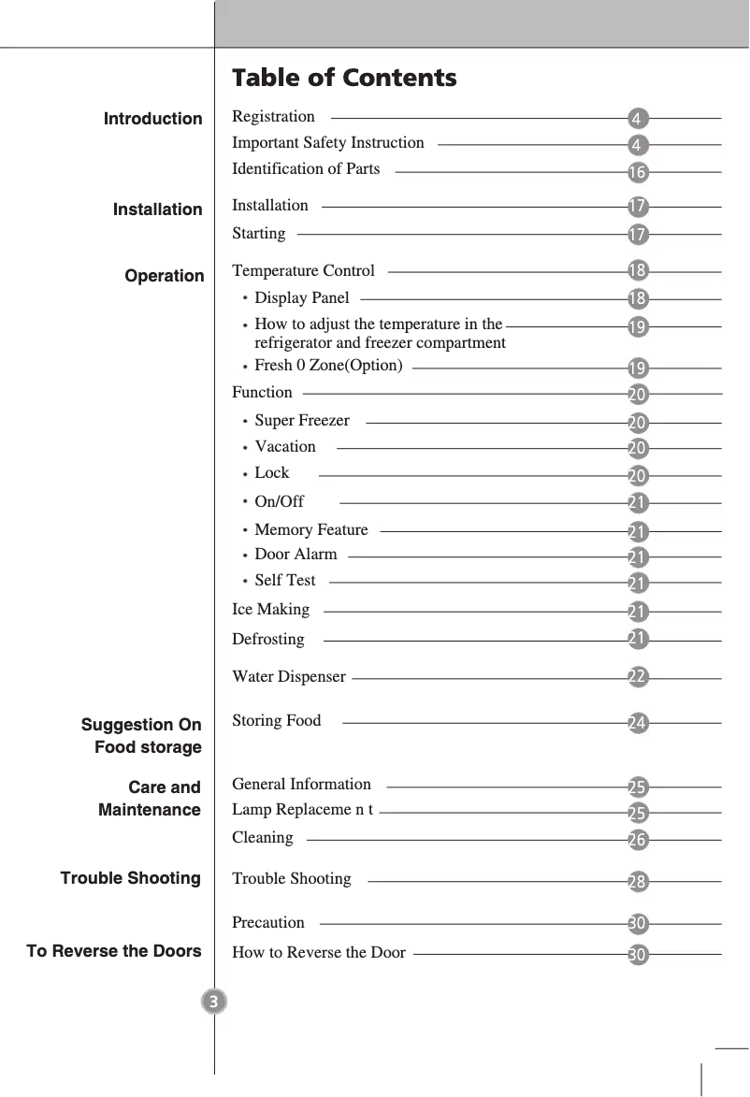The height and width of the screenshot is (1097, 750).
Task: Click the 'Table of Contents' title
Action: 344,78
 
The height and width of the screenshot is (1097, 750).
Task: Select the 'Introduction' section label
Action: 152,119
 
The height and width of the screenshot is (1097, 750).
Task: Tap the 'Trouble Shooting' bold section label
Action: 131,878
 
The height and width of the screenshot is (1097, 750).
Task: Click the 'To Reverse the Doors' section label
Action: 114,951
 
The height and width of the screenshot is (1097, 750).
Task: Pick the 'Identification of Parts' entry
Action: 306,169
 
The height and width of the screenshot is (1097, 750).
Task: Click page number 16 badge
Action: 637,173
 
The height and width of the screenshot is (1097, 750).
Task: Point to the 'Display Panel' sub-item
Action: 301,298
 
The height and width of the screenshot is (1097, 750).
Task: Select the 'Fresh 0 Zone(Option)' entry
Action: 328,366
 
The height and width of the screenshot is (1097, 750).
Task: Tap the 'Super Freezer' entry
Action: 301,421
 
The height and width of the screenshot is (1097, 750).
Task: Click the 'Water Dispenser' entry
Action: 288,677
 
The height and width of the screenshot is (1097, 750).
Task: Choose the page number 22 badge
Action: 637,677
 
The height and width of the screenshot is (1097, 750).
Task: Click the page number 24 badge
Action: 637,723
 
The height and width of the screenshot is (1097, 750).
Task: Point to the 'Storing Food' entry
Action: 276,721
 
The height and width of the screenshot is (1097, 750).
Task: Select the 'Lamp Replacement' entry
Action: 302,810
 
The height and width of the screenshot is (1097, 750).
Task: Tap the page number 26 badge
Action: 637,840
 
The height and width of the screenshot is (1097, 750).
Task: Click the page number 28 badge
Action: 637,882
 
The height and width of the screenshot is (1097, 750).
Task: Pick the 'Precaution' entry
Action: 267,923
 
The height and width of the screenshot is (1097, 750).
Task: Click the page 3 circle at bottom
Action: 214,1003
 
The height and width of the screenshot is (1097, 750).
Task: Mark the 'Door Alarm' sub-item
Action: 296,555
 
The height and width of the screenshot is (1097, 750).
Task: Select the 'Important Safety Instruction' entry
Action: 327,143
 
